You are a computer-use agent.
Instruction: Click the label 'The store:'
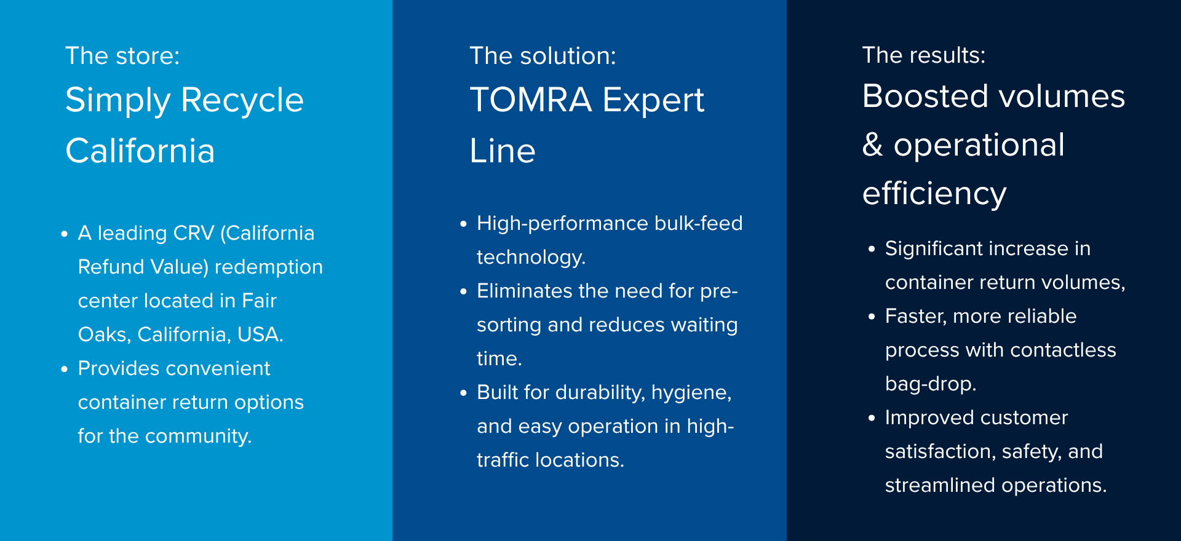click(x=122, y=56)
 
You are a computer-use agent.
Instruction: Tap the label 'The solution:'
click(x=543, y=56)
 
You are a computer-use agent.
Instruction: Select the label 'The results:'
click(x=923, y=55)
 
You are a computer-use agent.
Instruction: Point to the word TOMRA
click(x=530, y=100)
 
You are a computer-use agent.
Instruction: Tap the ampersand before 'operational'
click(x=872, y=145)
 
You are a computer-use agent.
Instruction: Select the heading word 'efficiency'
click(x=934, y=194)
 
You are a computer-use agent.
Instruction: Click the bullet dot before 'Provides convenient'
click(x=65, y=369)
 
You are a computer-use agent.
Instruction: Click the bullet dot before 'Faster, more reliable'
click(x=872, y=317)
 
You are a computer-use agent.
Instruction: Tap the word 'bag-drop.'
click(x=931, y=384)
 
